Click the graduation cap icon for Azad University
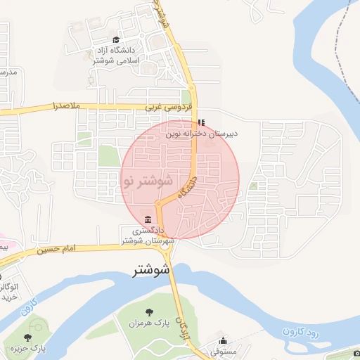(x=116, y=40)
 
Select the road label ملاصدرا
(x=67, y=107)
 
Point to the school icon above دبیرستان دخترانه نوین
(x=202, y=122)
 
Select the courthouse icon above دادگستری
(x=147, y=219)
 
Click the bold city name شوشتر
(x=151, y=270)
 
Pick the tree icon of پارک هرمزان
(x=148, y=312)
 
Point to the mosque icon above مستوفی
(x=224, y=341)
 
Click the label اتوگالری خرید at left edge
(x=8, y=292)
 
